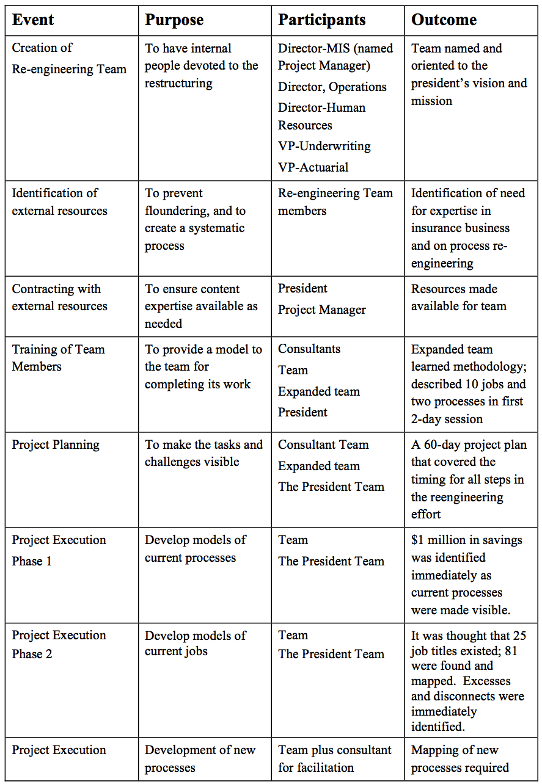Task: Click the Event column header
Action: [x=33, y=20]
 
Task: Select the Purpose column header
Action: [x=174, y=20]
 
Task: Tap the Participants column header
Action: [x=321, y=20]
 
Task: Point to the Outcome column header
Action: [x=444, y=20]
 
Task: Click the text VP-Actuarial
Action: [x=313, y=167]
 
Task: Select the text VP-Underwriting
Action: [x=324, y=146]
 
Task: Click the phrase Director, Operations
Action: [x=332, y=87]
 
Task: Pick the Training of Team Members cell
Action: [x=58, y=358]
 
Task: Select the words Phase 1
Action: [x=32, y=561]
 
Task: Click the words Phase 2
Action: [x=32, y=654]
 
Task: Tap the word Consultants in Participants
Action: [x=309, y=349]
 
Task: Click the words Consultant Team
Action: [x=323, y=445]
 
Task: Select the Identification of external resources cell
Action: [x=59, y=201]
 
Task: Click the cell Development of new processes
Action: [x=200, y=758]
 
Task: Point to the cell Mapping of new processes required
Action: [x=460, y=758]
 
